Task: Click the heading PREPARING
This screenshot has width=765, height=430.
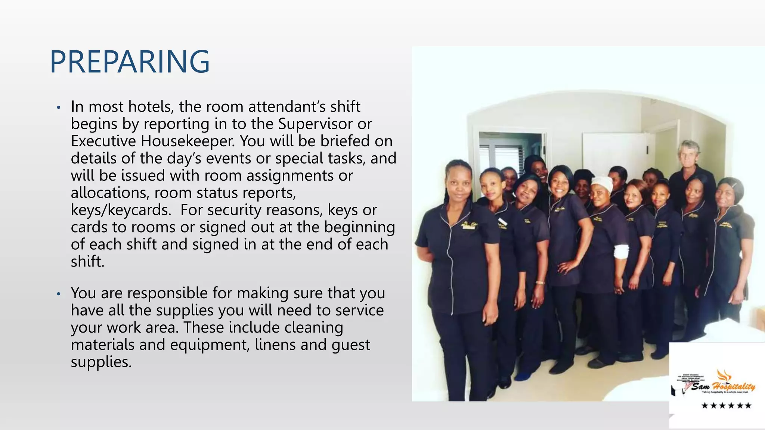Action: tap(130, 62)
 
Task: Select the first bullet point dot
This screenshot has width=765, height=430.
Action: tap(58, 108)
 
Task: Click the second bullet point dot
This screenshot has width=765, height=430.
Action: tap(58, 294)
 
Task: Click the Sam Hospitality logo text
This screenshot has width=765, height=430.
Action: tap(722, 387)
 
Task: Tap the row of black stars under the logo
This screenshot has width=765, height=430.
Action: tap(726, 406)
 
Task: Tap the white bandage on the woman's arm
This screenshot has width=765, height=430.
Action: tap(621, 252)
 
